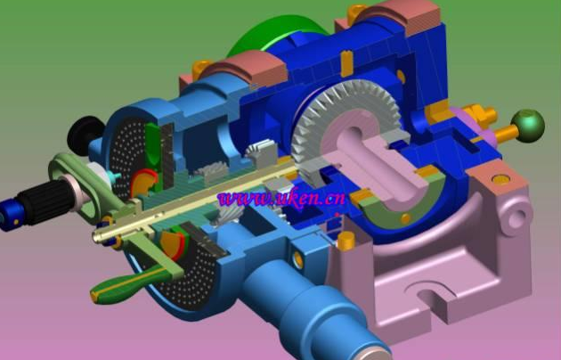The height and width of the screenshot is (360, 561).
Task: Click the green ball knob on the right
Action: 528,126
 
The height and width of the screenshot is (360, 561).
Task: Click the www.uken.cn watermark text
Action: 281,198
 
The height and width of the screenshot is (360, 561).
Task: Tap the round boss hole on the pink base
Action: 516,217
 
